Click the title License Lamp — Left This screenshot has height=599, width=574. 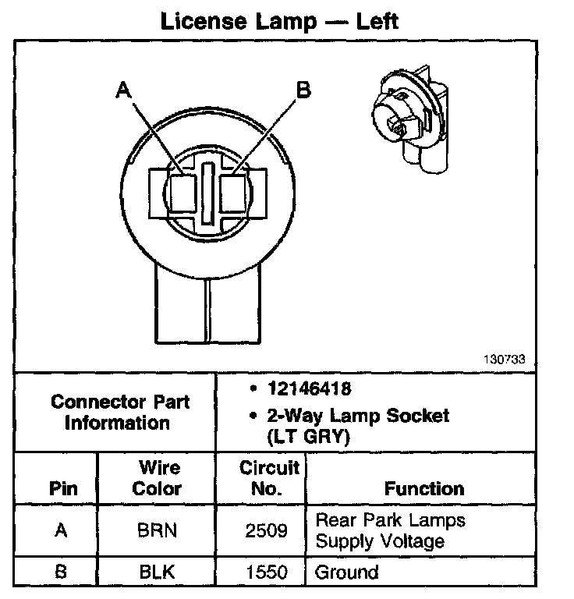click(278, 20)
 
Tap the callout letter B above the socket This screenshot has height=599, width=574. click(303, 90)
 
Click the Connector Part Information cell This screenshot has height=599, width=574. click(119, 413)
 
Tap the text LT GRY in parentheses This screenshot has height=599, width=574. click(308, 437)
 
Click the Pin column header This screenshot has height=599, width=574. click(63, 489)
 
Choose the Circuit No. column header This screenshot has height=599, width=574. click(269, 478)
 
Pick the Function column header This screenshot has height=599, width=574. click(423, 489)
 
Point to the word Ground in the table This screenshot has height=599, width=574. click(346, 572)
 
